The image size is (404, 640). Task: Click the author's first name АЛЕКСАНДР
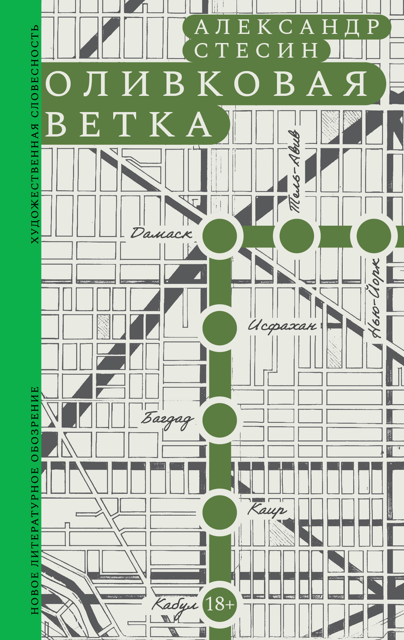[x=287, y=27]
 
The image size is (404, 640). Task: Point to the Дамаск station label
[x=161, y=234]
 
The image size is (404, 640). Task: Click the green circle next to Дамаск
[x=220, y=236]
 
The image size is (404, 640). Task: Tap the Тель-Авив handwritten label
[x=295, y=171]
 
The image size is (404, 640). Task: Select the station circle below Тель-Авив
[x=296, y=236]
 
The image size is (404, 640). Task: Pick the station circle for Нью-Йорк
[x=374, y=236]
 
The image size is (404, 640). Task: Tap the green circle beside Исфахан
[x=220, y=327]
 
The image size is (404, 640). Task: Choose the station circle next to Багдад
[x=220, y=420]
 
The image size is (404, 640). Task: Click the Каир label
[x=267, y=510]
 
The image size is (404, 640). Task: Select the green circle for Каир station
[x=220, y=512]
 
